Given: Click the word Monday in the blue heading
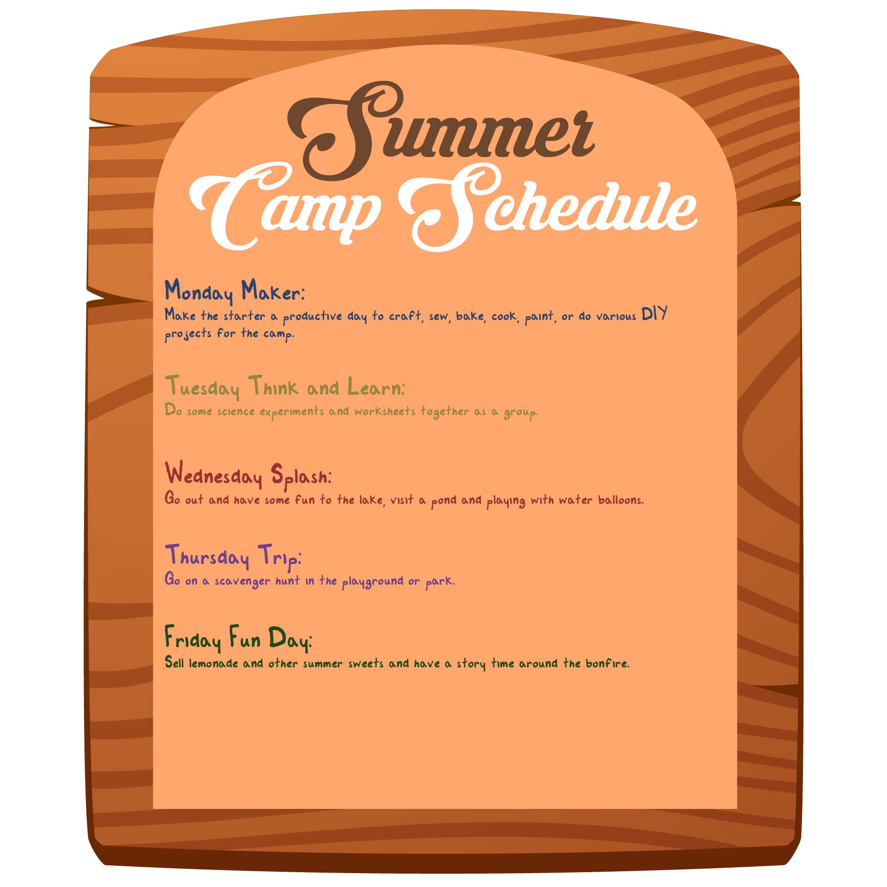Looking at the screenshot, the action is pyautogui.click(x=199, y=292).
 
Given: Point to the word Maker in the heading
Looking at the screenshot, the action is pyautogui.click(x=272, y=291).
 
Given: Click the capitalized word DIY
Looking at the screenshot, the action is pyautogui.click(x=654, y=314).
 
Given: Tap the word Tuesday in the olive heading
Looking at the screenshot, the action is pyautogui.click(x=203, y=387).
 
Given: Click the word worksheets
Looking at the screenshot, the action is pyautogui.click(x=385, y=411).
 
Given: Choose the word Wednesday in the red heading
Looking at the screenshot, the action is pyautogui.click(x=213, y=474).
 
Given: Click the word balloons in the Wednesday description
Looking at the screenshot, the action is pyautogui.click(x=621, y=500).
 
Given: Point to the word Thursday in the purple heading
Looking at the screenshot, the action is pyautogui.click(x=207, y=556).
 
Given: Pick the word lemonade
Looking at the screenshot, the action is pyautogui.click(x=213, y=663).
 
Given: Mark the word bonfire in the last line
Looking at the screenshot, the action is pyautogui.click(x=607, y=663).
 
